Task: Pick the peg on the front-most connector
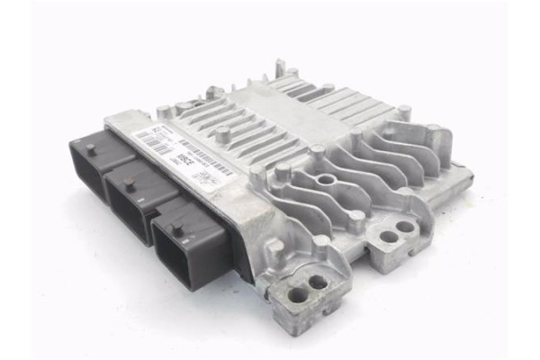coord(177,229)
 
